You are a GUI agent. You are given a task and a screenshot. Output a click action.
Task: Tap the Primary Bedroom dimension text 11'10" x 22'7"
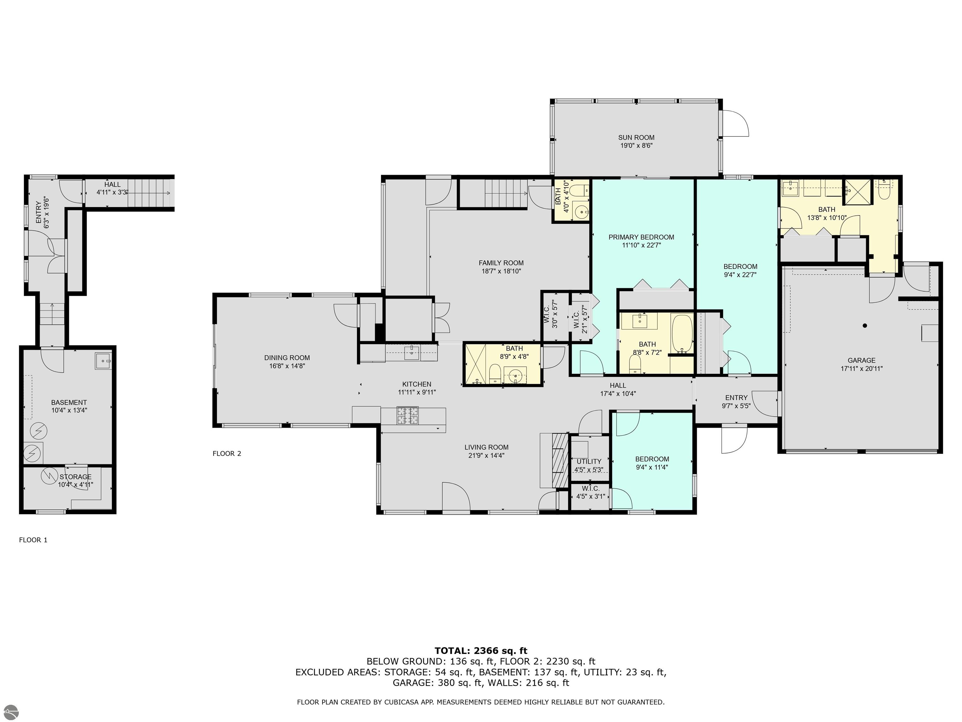point(641,245)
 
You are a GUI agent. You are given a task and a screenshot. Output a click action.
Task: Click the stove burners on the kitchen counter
point(407,415)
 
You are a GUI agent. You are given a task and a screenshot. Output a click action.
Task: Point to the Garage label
point(861,360)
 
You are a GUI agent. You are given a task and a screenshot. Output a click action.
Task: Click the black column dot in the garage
point(865,326)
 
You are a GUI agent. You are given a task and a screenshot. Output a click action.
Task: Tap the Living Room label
point(486,447)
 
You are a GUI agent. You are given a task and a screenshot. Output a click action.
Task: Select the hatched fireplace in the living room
point(560,460)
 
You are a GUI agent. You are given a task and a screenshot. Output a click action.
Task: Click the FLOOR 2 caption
point(227,453)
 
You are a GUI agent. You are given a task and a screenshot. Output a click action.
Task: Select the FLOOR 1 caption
point(33,540)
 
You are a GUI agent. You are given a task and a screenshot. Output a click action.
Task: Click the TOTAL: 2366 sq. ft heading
point(481,651)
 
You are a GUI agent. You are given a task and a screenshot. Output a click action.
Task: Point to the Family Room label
point(501,263)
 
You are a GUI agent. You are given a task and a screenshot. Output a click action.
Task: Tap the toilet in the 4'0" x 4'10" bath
point(579,190)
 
